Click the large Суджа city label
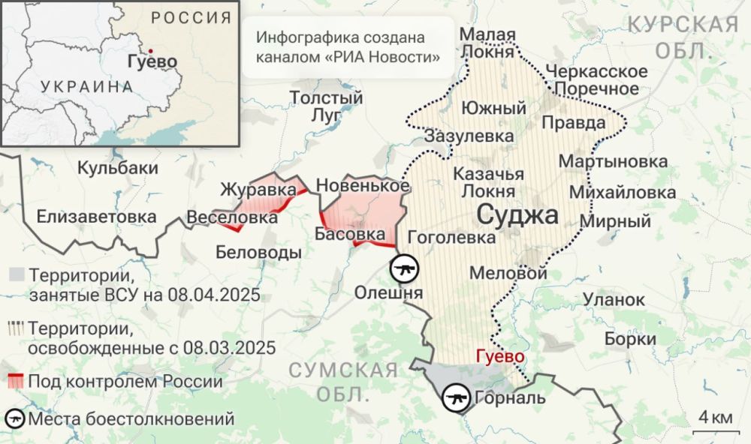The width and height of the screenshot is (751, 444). [518, 216]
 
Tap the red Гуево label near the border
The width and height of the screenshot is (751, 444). [499, 357]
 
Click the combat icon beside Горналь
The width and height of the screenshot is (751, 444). [455, 397]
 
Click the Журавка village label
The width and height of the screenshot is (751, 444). [258, 190]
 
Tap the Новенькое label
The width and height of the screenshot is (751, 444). [363, 185]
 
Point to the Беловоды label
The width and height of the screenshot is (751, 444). [258, 253]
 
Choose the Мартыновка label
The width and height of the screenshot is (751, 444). [613, 162]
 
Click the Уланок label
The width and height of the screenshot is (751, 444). [614, 300]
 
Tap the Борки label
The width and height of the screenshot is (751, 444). [630, 339]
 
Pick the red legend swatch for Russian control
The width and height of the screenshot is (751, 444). [14, 381]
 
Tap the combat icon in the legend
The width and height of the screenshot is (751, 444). [14, 418]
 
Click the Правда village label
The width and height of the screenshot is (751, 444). [573, 122]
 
